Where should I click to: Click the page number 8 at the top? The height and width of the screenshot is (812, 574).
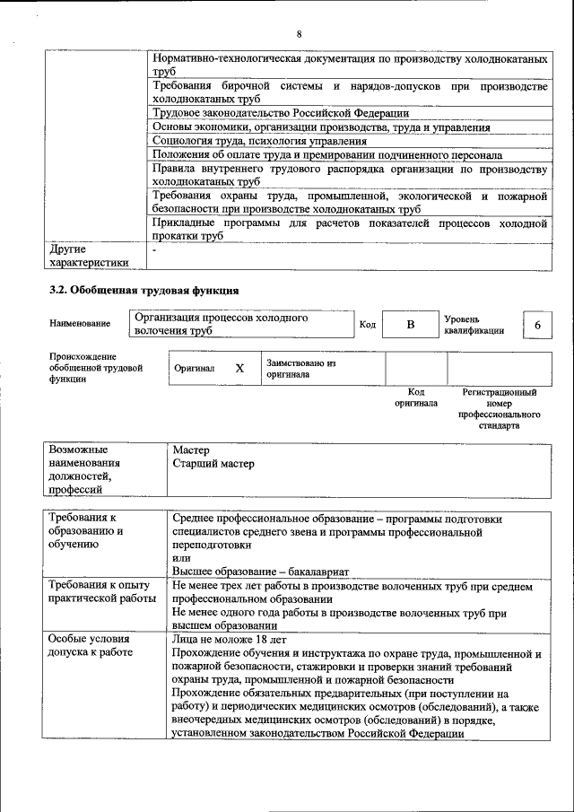[x=300, y=33]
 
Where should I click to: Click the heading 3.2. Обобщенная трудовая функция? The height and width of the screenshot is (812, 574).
[x=143, y=290]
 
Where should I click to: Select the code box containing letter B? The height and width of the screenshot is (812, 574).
[x=409, y=325]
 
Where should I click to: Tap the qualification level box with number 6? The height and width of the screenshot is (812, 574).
[x=537, y=325]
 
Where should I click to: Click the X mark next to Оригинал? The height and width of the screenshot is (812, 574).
[x=239, y=368]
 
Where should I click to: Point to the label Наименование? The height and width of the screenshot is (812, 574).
[x=81, y=324]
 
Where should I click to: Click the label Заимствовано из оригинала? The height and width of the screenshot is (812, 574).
[x=300, y=369]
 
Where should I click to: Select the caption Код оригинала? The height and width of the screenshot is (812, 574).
[x=415, y=397]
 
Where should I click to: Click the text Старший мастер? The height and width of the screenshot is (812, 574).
[x=213, y=464]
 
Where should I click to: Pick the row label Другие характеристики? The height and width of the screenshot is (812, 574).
[x=88, y=256]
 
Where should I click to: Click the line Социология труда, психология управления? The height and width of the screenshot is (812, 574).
[x=259, y=141]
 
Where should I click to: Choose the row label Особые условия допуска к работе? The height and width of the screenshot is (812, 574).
[x=90, y=646]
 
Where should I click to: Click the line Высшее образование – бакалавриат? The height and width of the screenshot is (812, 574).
[x=261, y=572]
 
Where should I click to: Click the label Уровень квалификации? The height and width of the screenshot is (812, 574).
[x=474, y=325]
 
